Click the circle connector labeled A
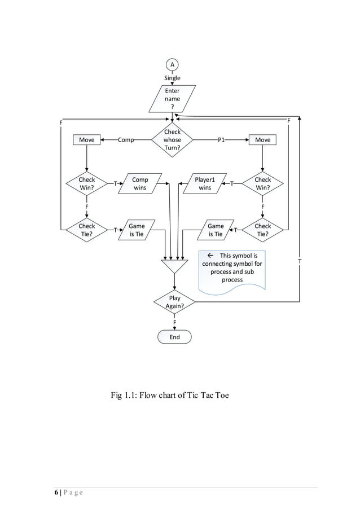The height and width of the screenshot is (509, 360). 172,64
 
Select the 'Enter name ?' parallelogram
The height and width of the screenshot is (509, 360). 172,99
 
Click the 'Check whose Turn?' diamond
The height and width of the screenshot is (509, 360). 172,140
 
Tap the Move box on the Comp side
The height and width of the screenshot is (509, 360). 86,140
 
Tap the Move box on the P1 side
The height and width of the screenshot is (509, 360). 262,140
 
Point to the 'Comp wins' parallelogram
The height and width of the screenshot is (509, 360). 139,183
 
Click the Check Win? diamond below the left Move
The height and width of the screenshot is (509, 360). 86,183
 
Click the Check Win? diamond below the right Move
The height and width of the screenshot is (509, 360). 262,183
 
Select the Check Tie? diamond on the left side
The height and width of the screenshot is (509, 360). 86,230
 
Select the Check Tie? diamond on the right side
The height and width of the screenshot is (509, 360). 262,230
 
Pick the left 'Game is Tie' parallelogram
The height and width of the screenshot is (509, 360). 137,230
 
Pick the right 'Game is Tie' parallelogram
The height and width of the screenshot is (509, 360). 216,230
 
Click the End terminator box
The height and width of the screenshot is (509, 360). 174,337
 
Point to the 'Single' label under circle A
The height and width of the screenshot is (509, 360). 172,78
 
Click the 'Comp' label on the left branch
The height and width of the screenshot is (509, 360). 125,140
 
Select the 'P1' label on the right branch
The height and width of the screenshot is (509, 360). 221,140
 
